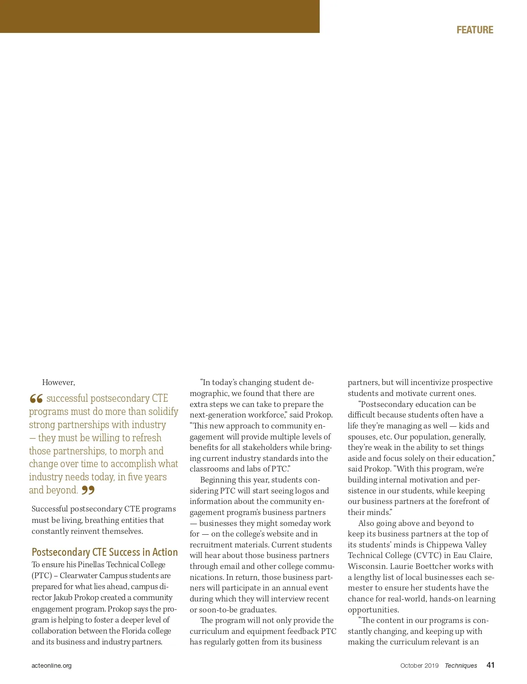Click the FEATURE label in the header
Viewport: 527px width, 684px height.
point(475,30)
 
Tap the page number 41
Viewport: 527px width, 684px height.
point(491,665)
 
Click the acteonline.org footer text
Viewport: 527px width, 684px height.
point(51,666)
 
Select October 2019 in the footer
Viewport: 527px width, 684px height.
point(419,666)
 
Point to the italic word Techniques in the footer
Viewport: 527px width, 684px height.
point(461,666)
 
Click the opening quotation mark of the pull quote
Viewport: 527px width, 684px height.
point(36,399)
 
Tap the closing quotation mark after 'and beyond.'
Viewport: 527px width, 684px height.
point(88,490)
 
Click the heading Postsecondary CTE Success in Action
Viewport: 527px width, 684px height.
point(105,552)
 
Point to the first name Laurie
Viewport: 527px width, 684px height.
point(402,566)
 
